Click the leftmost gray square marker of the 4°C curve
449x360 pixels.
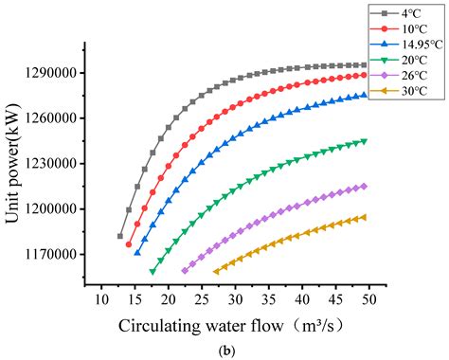click(120, 236)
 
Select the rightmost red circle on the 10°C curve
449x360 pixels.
click(364, 75)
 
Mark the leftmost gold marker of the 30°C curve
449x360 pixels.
click(216, 271)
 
